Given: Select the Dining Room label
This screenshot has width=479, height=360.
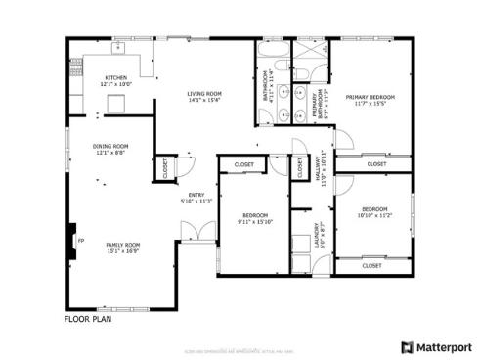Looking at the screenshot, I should coord(110,149).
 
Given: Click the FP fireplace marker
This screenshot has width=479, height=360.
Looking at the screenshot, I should coord(81,239).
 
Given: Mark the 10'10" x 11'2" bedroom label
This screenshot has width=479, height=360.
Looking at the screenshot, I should coord(375,213).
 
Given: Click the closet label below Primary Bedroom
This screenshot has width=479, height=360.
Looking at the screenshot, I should coord(376,164).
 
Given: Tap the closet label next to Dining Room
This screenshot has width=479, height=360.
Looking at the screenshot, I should coord(165,167).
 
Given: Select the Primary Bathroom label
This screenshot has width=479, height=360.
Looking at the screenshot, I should coord(316,101).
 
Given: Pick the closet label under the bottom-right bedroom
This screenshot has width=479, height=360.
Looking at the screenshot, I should coord(371,265).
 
